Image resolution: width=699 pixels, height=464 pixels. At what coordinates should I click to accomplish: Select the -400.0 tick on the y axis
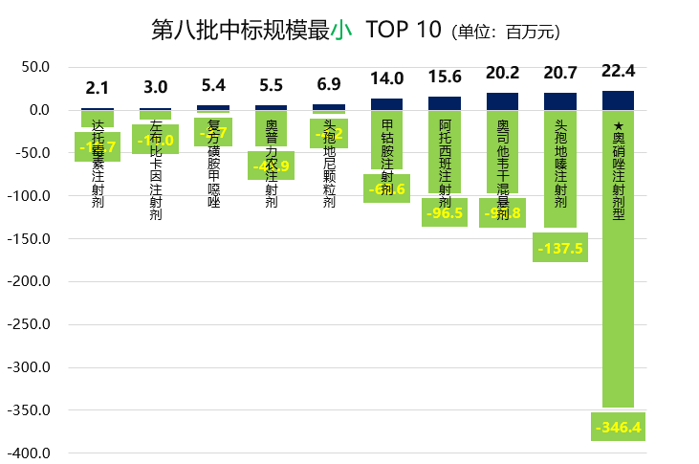tap(29, 453)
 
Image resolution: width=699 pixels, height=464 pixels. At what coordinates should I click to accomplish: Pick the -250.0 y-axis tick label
tap(29, 324)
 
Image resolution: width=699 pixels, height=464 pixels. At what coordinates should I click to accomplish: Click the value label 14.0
tap(387, 78)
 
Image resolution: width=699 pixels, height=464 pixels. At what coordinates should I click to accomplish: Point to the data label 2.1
tap(98, 88)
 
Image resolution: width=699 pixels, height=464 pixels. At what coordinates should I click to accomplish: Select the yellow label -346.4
tap(618, 427)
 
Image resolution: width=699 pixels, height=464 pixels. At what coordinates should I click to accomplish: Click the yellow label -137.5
tap(560, 248)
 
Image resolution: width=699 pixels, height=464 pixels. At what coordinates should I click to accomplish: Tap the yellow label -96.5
tap(445, 212)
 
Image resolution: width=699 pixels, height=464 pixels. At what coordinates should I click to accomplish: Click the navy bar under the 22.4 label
tap(619, 100)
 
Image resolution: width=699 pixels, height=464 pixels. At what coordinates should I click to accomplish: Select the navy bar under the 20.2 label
tap(503, 101)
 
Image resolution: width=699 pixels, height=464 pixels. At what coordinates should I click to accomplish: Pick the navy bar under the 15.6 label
tap(445, 103)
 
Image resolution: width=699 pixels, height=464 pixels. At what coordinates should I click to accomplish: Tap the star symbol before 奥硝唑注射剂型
tap(619, 125)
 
